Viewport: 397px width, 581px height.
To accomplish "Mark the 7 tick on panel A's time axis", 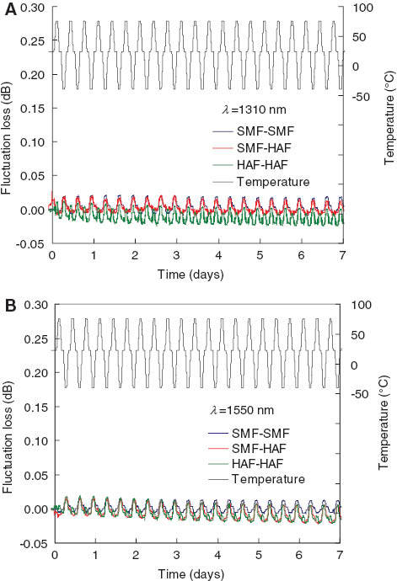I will (x=341, y=255).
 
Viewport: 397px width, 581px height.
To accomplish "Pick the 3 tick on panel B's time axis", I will (x=177, y=557).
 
